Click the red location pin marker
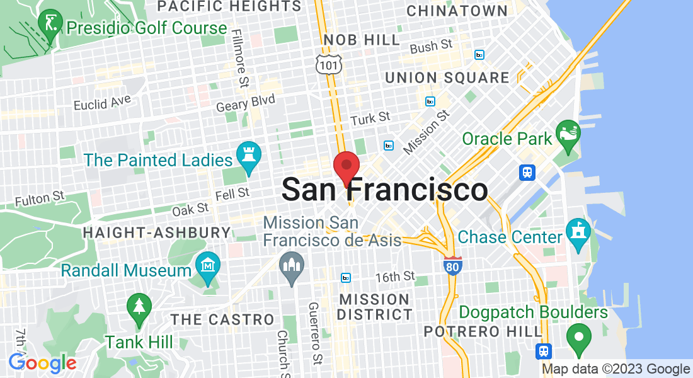coord(346,168)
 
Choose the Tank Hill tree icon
coord(139,308)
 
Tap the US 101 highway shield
coord(328,63)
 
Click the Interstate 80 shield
coord(452,265)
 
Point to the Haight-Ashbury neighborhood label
coord(157,232)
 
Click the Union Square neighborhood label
coord(447,78)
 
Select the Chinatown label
coord(457,11)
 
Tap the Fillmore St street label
coord(240,58)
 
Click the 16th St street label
coord(394,277)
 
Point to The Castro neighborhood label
coord(222,319)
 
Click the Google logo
coord(42,363)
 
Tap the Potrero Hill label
coord(483,331)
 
